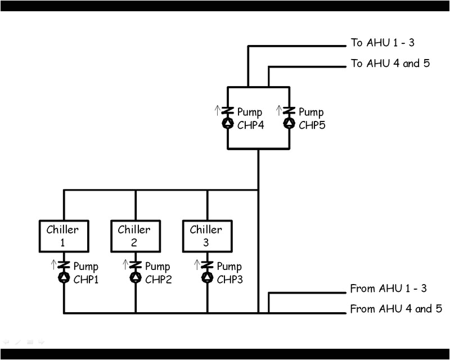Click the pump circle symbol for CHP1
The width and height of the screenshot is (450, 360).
[64, 277]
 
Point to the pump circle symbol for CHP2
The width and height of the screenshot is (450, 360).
[135, 277]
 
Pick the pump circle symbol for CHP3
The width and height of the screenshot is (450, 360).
[207, 277]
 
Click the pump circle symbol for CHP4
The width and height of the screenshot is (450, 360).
[227, 123]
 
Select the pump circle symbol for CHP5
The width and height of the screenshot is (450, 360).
[289, 123]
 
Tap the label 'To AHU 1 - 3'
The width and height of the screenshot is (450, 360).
[382, 43]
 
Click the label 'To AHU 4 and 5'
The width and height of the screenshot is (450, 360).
[390, 64]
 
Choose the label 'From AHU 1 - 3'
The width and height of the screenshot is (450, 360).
[388, 289]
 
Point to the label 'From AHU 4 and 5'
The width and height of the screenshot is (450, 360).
[395, 309]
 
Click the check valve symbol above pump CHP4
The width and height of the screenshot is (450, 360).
[227, 111]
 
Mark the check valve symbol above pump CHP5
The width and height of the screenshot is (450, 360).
[289, 111]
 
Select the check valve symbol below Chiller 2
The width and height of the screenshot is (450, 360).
[135, 265]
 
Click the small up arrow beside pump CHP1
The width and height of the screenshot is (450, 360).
[54, 264]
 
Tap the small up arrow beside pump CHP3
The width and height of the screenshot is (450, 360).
[197, 264]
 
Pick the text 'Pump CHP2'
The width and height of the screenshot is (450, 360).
[158, 273]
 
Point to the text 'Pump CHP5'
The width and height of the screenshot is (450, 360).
[312, 118]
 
